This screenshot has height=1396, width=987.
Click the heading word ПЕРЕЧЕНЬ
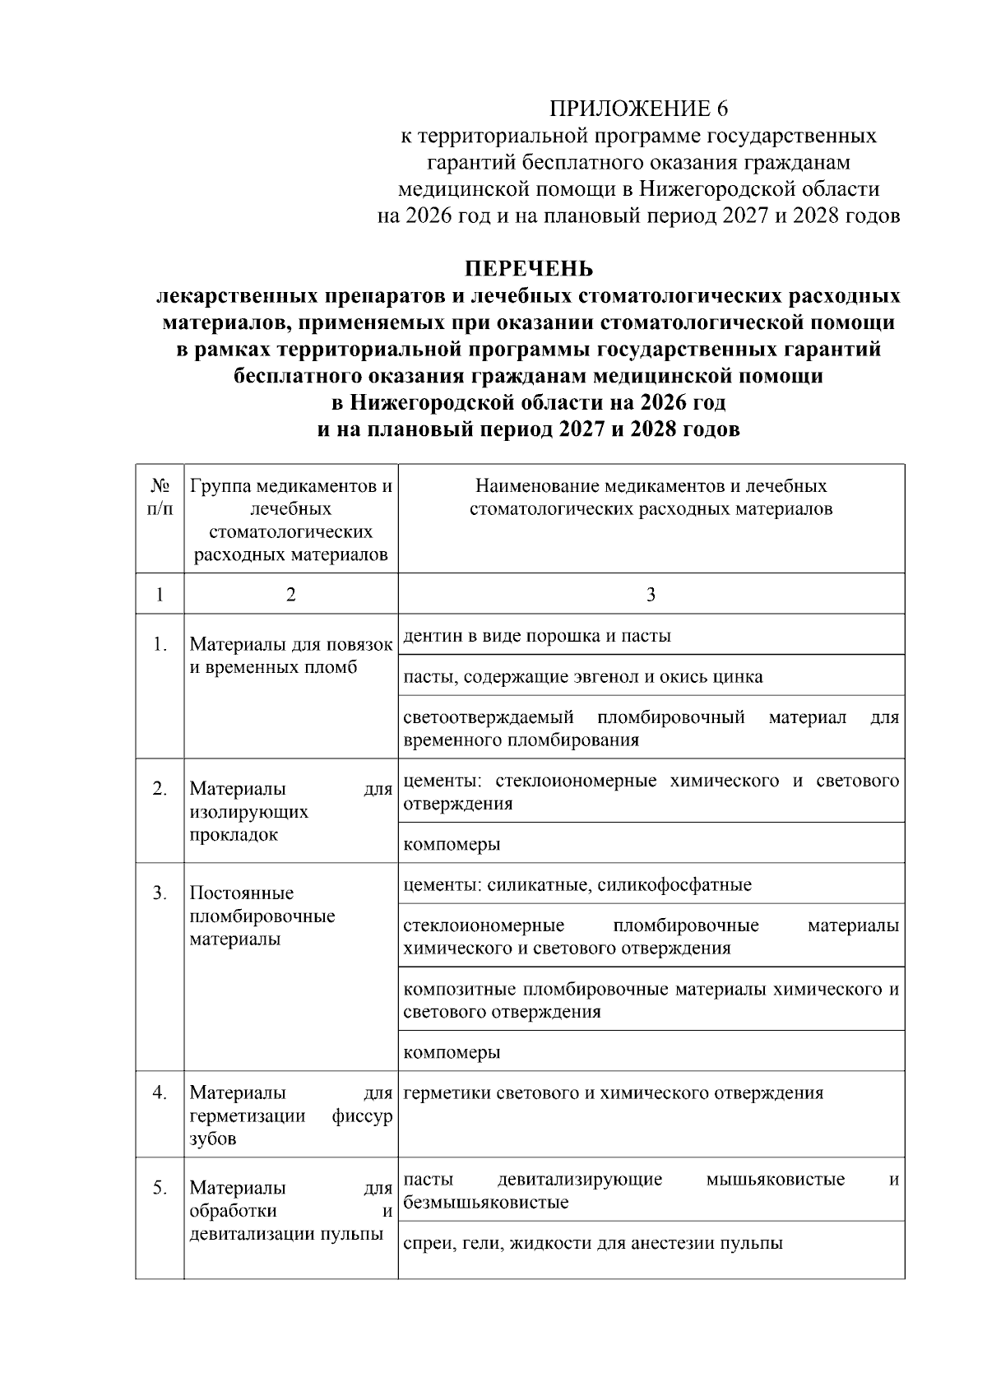[529, 269]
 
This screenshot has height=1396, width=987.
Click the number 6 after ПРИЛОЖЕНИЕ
[723, 109]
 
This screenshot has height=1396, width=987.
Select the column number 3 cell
[651, 594]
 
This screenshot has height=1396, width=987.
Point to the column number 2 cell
[290, 594]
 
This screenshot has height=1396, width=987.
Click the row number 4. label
[160, 1092]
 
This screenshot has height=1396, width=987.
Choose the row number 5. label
[160, 1187]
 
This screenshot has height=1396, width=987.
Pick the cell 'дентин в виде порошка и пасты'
[537, 636]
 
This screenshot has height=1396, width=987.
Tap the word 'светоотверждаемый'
[489, 717]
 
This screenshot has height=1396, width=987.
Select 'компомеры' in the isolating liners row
[452, 844]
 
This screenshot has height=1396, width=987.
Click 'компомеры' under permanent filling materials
[452, 1052]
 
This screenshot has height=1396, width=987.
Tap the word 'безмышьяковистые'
[486, 1203]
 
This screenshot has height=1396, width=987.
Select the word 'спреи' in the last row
[426, 1243]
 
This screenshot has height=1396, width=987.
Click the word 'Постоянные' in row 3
[242, 893]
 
